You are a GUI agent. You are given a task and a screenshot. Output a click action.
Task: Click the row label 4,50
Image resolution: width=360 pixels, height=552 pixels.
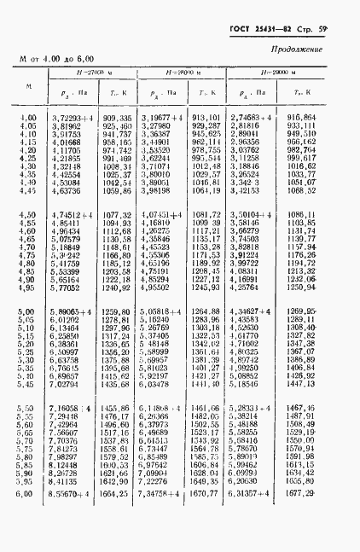pos(28,216)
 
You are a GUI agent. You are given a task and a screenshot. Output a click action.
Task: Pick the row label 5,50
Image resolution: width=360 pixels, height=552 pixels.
pos(28,410)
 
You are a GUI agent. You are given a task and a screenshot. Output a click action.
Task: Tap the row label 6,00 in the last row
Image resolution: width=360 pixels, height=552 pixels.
pos(28,517)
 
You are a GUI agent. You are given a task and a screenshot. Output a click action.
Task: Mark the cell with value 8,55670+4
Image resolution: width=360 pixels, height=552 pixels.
pos(72,517)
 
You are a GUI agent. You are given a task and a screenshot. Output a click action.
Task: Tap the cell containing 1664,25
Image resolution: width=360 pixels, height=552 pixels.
pos(117,517)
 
